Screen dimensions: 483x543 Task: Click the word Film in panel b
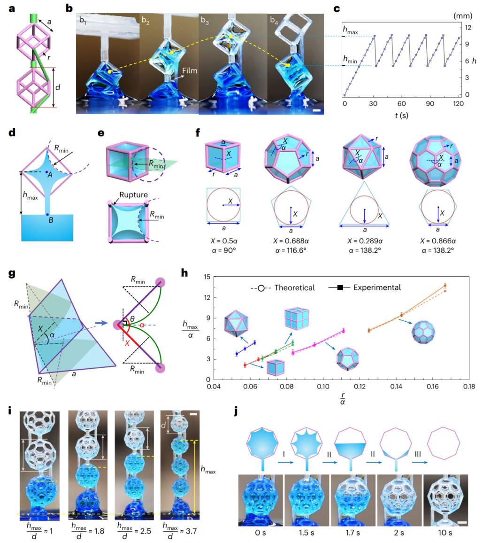click(190, 70)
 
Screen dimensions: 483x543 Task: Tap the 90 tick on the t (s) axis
click(429, 103)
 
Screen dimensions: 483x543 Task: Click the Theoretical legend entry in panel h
click(283, 288)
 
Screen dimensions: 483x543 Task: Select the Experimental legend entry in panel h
click(365, 287)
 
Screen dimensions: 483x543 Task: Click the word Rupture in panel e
click(134, 194)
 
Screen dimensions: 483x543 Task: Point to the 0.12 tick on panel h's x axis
click(360, 387)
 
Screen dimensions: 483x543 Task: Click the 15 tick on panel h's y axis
click(207, 277)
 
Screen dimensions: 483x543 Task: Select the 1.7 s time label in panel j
click(353, 533)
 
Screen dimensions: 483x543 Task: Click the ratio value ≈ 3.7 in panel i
click(188, 531)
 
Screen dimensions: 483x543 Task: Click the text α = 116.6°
click(291, 250)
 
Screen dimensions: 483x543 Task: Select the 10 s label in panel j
click(445, 533)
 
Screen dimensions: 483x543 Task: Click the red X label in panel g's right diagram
click(127, 343)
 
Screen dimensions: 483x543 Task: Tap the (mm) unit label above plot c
click(463, 16)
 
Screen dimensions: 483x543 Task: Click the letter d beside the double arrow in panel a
click(58, 87)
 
